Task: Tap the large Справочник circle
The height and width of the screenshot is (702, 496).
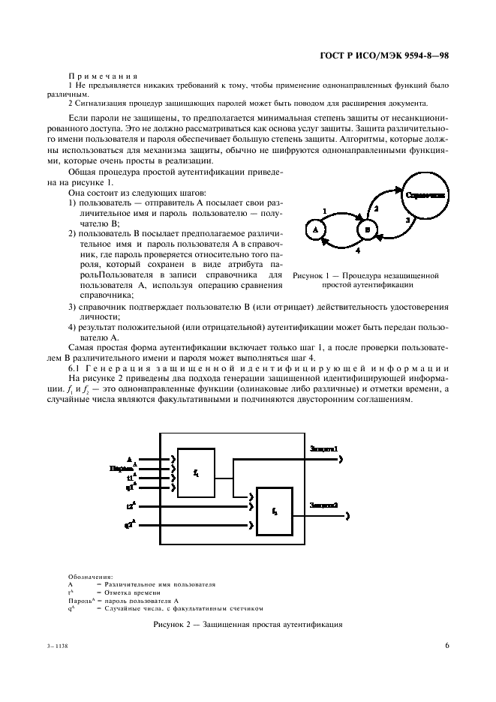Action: (425, 195)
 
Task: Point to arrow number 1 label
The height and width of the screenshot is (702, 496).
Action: (324, 211)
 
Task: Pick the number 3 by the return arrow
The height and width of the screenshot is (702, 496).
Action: (407, 220)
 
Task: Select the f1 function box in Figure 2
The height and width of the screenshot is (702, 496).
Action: (196, 474)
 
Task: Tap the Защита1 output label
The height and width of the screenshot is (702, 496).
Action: (323, 449)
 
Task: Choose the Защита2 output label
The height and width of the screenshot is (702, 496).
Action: (323, 505)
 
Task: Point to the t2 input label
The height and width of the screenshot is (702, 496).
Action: (131, 506)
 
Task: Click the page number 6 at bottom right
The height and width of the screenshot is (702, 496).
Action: (446, 644)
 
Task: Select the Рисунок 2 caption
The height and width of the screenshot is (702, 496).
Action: (248, 624)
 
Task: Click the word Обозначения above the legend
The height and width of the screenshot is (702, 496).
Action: (90, 575)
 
